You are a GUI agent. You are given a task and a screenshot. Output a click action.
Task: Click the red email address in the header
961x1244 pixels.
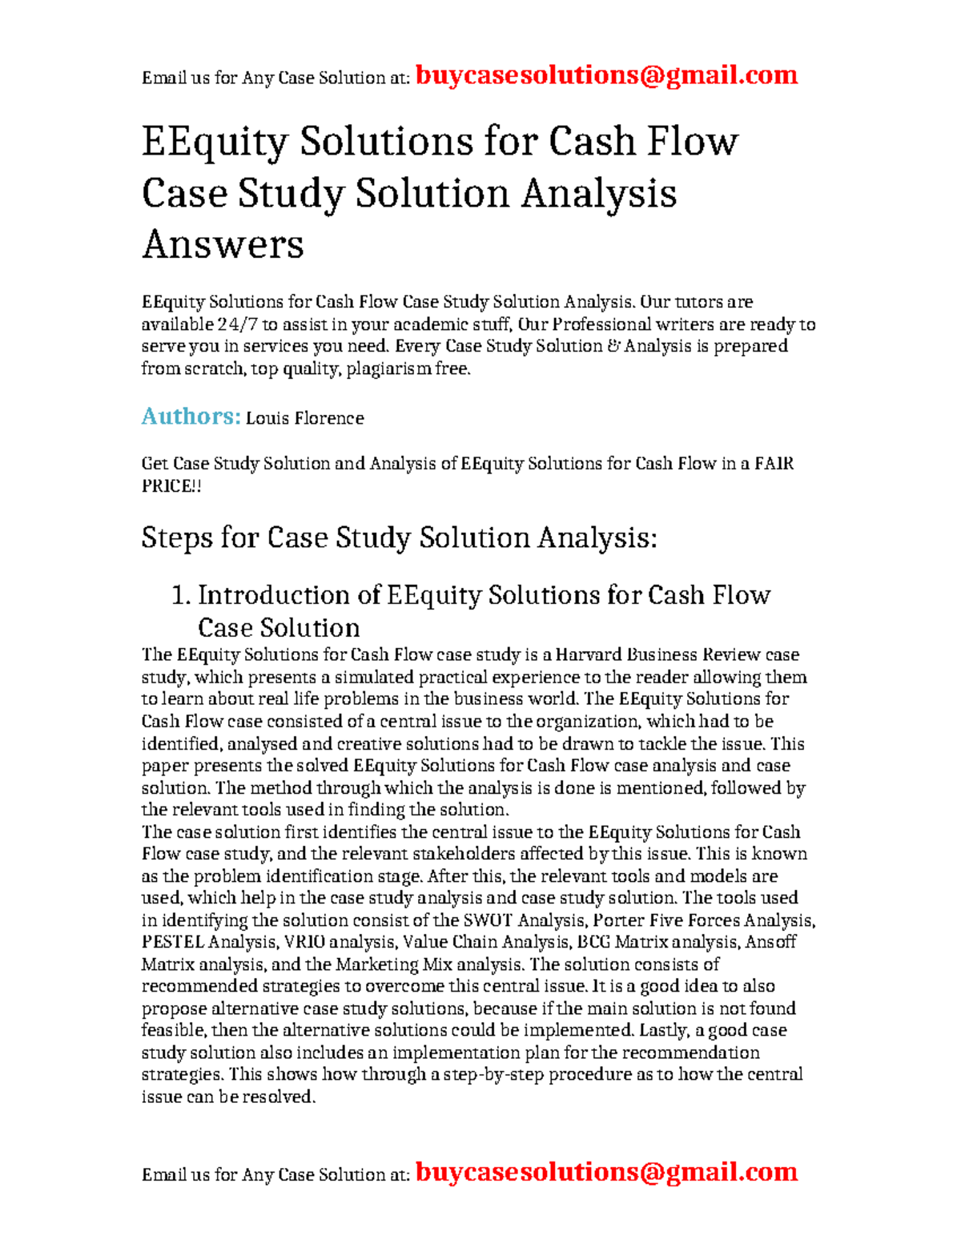607,75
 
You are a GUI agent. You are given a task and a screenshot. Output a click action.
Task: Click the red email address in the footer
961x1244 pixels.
607,1172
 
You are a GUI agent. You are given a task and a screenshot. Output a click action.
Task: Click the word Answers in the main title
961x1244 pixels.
223,244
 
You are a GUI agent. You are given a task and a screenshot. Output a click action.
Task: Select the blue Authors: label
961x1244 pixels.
191,417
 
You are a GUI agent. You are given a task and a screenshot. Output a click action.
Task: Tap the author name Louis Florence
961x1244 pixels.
304,418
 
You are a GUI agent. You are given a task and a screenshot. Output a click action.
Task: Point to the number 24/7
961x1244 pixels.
238,324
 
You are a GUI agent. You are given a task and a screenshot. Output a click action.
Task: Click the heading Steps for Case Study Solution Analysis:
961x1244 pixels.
399,537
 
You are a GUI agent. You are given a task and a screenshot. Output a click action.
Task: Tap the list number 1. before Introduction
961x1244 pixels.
181,595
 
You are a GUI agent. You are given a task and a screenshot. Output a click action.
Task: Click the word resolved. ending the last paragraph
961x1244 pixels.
279,1097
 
